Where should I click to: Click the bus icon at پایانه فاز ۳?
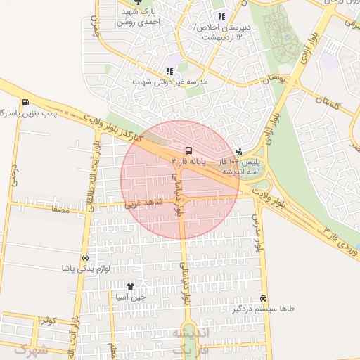(x=188, y=150)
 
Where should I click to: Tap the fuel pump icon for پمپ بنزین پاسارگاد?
(x=25, y=102)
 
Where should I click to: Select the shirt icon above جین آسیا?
(x=130, y=286)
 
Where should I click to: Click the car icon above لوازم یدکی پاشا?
(x=85, y=258)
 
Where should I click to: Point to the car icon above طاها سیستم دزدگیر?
(x=263, y=298)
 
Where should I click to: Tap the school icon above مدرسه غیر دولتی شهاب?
(x=169, y=71)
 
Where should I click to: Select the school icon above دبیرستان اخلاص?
(x=221, y=16)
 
